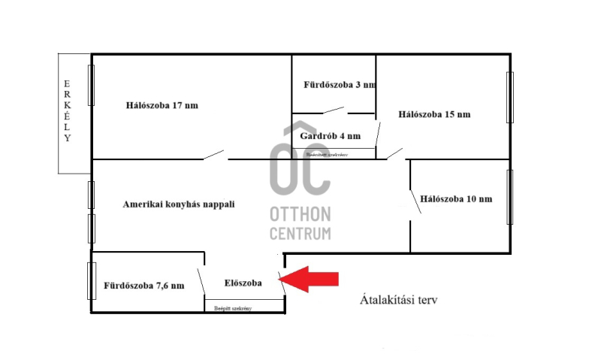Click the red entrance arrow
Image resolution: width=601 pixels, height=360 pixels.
tap(311, 280)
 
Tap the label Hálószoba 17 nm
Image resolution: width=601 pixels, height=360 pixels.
tap(162, 105)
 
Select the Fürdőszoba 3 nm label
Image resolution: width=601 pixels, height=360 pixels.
tap(339, 84)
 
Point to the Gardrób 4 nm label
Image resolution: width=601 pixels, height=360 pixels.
tap(330, 137)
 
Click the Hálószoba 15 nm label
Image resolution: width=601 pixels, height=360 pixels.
tap(434, 114)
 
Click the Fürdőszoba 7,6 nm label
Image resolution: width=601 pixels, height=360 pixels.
tap(144, 286)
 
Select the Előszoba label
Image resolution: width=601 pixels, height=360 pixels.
tap(243, 283)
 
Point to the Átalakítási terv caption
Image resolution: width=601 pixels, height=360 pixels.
tap(398, 299)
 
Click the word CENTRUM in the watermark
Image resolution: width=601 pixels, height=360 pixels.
tap(300, 234)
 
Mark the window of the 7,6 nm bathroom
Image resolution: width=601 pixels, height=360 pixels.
tap(92, 281)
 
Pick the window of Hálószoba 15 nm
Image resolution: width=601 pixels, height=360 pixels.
tap(509, 97)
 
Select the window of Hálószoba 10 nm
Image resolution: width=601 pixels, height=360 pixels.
tap(509, 197)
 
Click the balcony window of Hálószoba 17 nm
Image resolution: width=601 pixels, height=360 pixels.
tap(92, 85)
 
